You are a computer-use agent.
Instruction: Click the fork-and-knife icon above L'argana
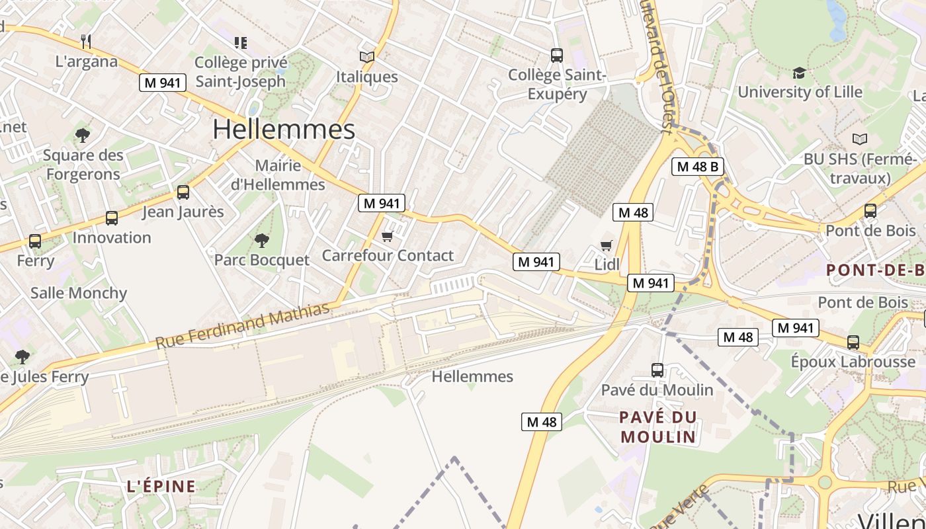pos(85,42)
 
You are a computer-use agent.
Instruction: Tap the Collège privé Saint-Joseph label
pos(240,72)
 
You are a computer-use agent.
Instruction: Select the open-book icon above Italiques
pos(366,58)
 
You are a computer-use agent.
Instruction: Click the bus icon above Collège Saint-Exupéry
pos(557,56)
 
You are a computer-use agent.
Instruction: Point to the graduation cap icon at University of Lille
pos(799,73)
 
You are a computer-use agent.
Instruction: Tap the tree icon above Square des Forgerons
pos(83,136)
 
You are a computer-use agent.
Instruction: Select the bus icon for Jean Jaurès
pos(183,192)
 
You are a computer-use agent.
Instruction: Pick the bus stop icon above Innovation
pos(112,218)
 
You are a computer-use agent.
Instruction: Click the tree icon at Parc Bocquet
pos(262,240)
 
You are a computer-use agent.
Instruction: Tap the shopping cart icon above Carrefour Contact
pos(388,236)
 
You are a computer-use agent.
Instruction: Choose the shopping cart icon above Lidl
pos(607,245)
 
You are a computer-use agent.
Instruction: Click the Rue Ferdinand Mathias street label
pos(242,325)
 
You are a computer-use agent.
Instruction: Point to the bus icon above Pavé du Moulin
pos(657,370)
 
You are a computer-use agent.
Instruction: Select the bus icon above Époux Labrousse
pos(853,343)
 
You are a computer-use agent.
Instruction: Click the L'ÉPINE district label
pos(161,487)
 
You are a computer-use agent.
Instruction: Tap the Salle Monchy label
pos(79,293)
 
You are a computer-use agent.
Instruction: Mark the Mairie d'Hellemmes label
pos(278,175)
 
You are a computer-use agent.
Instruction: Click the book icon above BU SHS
pos(860,140)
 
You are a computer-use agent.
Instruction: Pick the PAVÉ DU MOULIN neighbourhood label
pos(659,427)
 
